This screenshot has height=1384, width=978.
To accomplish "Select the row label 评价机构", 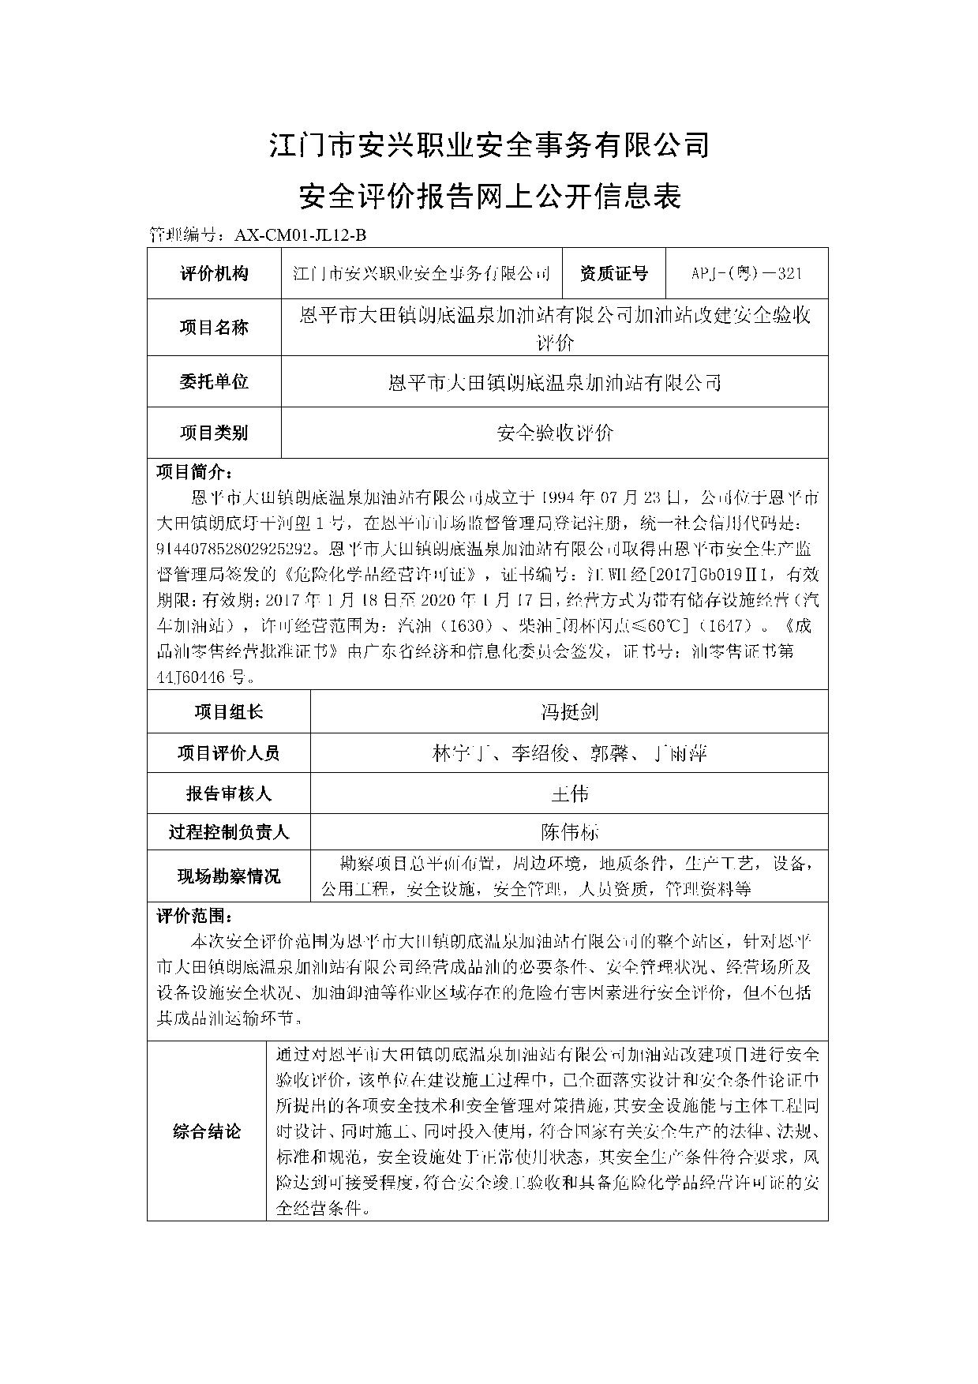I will point(214,274).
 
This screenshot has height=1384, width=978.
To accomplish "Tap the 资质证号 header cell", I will point(614,274).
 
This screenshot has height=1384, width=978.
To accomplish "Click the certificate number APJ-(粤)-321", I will point(747,274).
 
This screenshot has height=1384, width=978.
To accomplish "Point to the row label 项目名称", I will point(214,328).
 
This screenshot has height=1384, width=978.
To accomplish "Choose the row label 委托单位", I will point(214,382).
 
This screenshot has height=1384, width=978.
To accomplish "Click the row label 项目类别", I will point(214,433).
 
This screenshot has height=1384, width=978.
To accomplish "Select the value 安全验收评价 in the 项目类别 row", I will point(555,433).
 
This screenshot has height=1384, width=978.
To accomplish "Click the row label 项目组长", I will point(229,712).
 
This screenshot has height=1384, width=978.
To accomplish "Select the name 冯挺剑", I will point(569,712).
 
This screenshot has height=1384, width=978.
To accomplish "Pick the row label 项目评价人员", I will point(229,753).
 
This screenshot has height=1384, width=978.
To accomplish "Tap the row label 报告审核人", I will point(229,793).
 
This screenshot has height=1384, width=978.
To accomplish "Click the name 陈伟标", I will point(569,831).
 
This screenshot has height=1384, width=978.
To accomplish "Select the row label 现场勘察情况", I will point(229,876).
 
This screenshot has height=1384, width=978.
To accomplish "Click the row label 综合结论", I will point(207,1131).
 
